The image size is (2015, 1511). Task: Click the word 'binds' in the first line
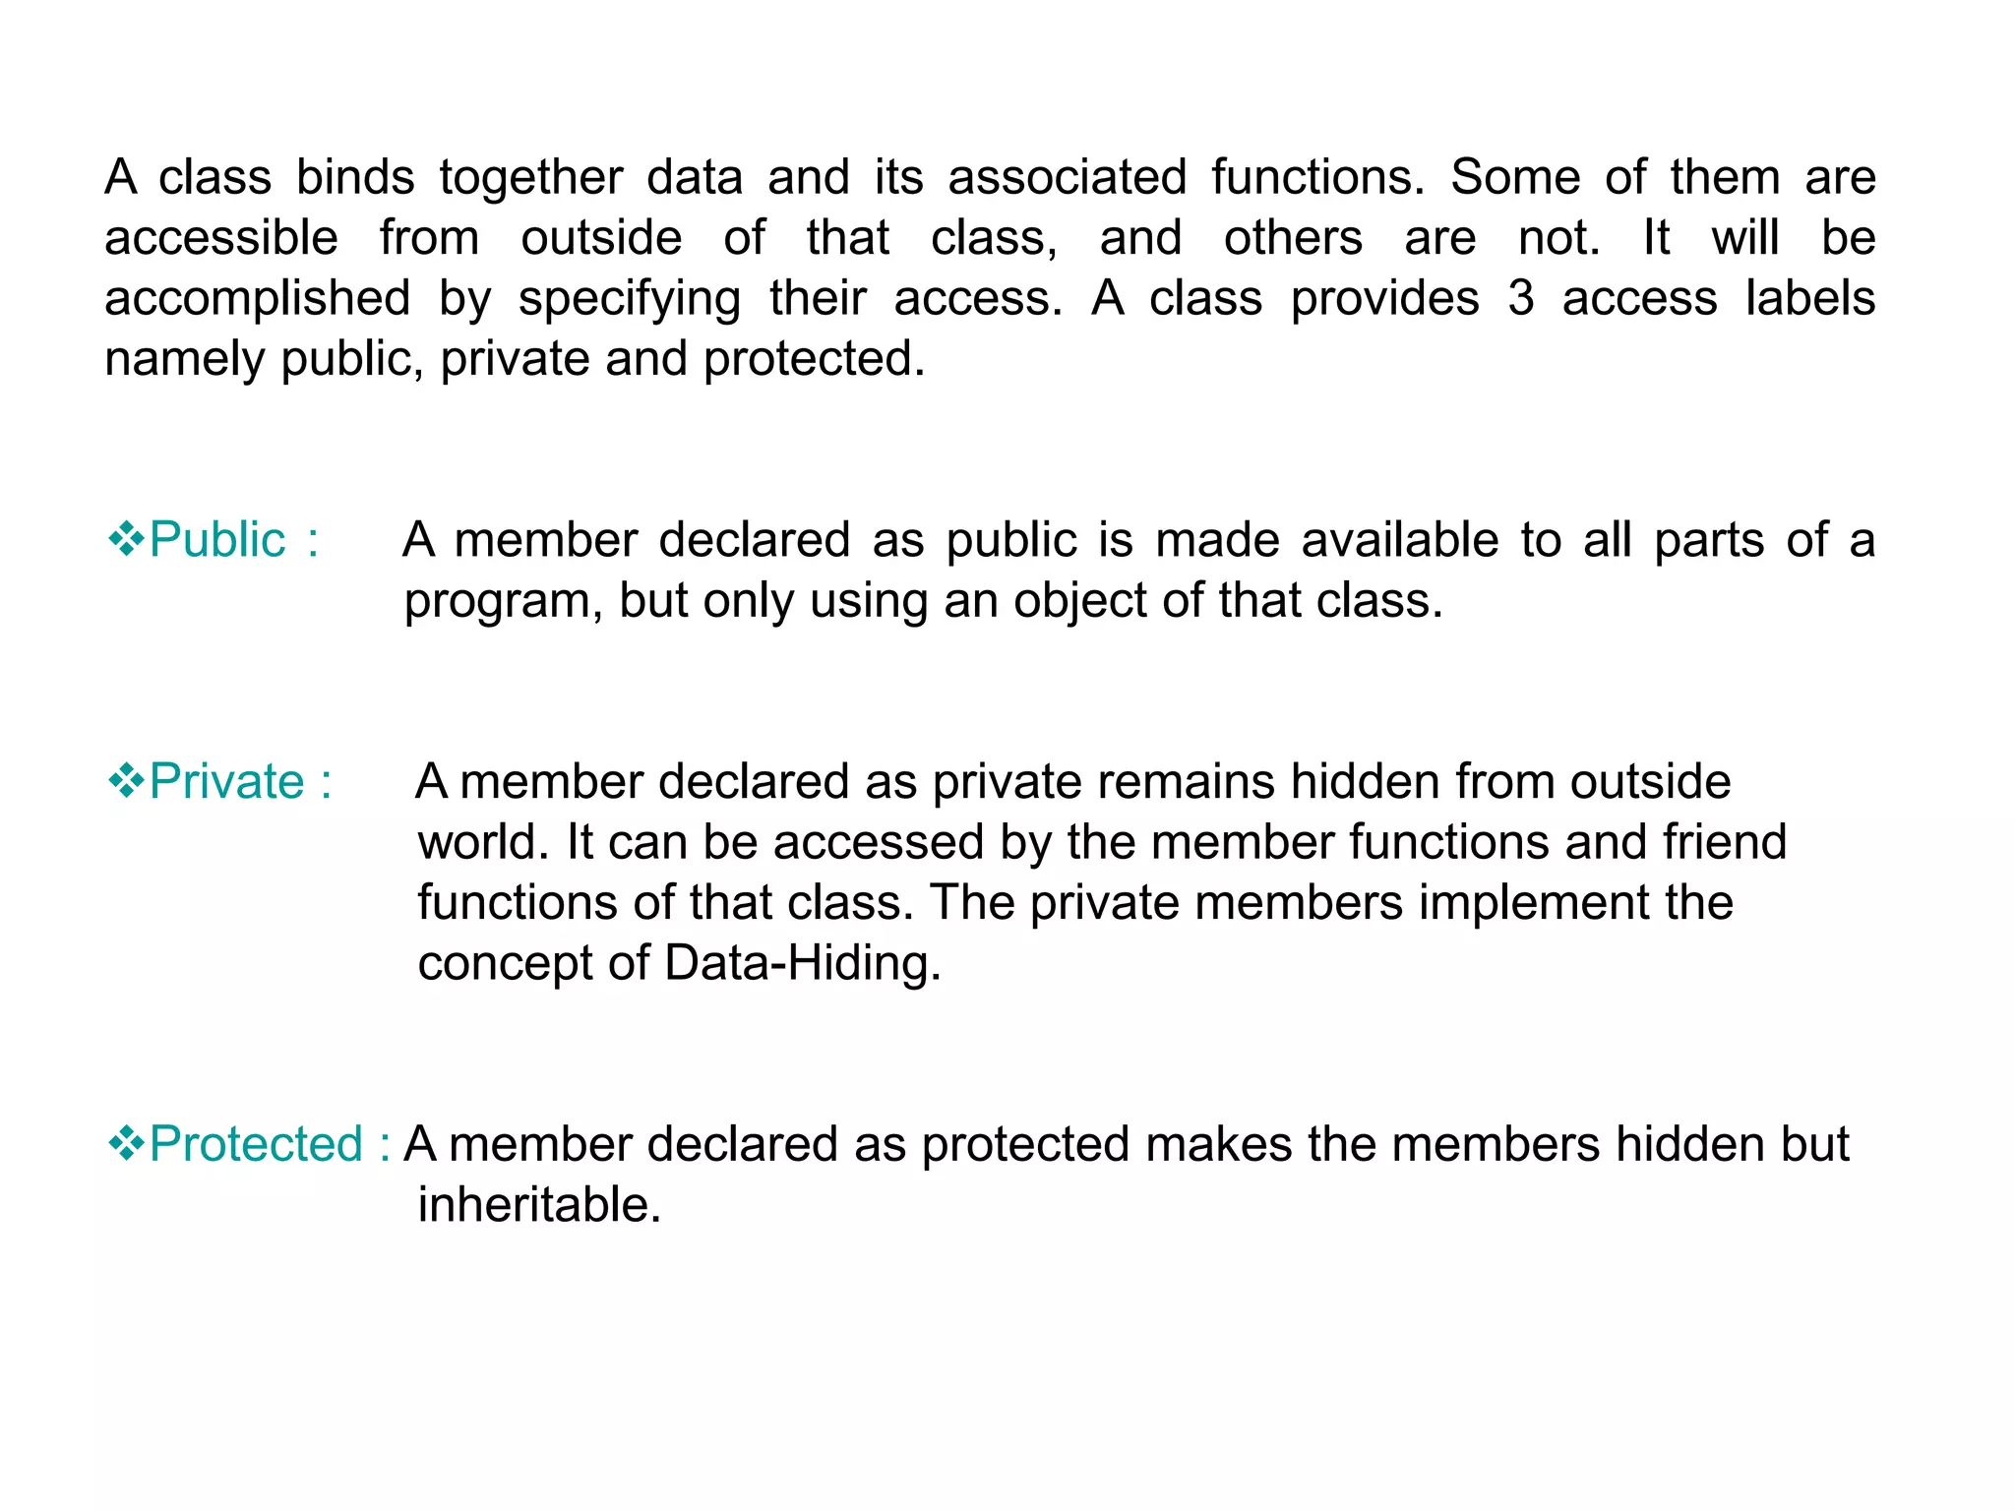(x=355, y=178)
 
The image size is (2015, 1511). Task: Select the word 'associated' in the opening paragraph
(x=1067, y=178)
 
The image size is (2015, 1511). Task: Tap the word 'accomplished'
(x=257, y=299)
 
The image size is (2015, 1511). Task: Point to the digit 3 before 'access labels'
(x=1520, y=299)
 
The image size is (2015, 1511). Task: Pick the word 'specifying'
(x=630, y=299)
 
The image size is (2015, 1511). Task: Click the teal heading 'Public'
(x=216, y=540)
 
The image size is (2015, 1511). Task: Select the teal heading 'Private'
(x=226, y=782)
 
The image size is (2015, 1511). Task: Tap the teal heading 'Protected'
(x=256, y=1144)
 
